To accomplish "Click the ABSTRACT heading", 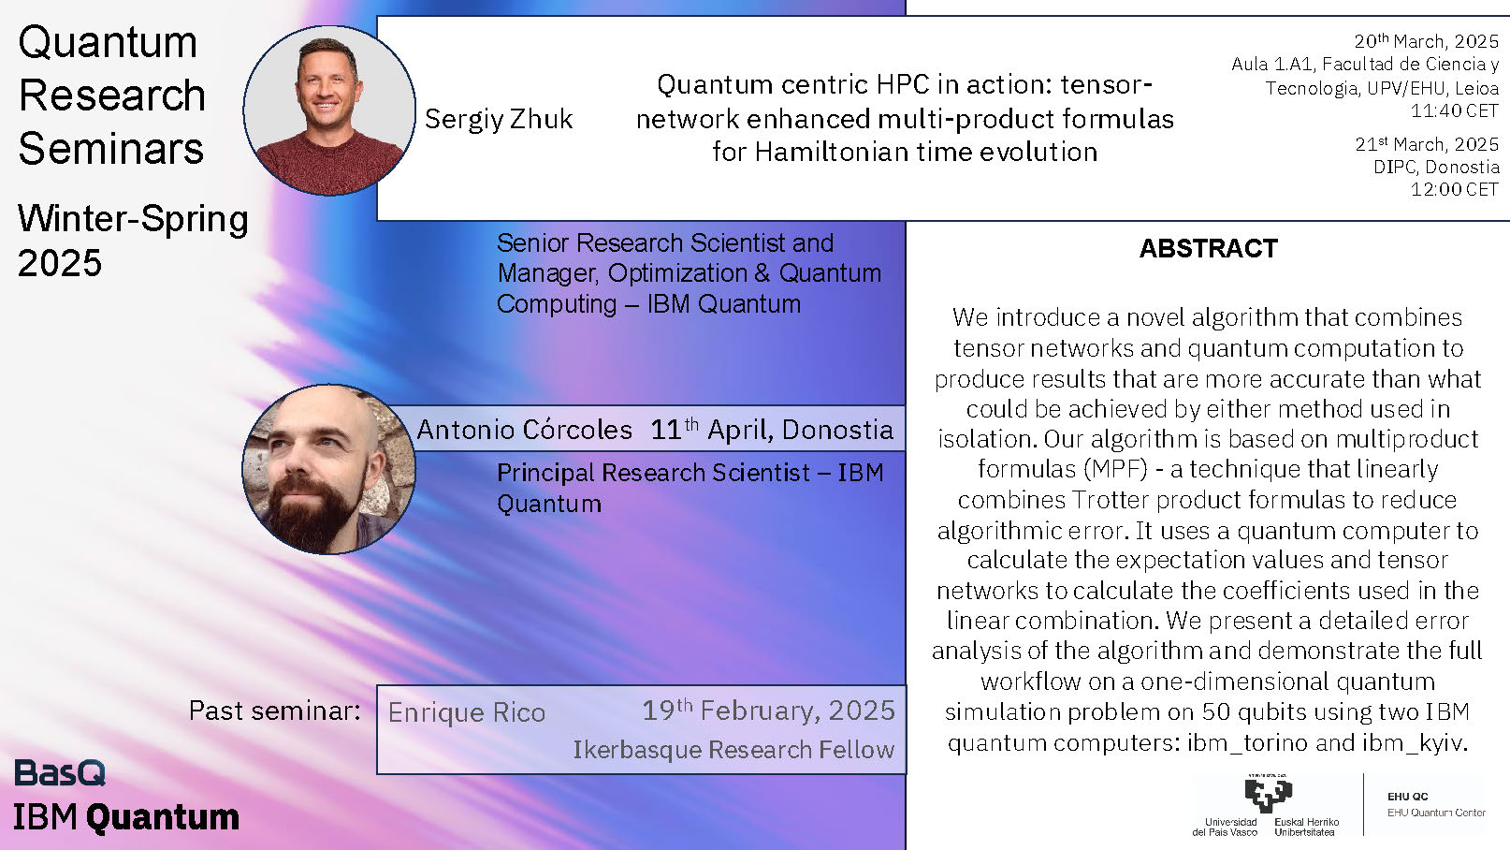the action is tap(1208, 248).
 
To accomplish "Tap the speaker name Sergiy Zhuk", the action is tap(498, 120).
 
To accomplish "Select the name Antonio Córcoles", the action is tap(525, 430).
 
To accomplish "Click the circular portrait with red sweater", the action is tap(329, 110).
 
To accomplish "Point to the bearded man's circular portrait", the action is tap(329, 470).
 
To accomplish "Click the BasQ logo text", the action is tap(60, 773).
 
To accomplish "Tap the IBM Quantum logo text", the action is tap(126, 817).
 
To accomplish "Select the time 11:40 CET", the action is tap(1454, 110).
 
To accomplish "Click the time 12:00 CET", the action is tap(1454, 189).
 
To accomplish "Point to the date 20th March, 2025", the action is tap(1427, 41).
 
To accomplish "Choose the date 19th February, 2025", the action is tap(768, 711).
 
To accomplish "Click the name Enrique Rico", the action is tap(467, 712).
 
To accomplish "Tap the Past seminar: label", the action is tap(274, 711).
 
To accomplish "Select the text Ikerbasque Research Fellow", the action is tap(733, 750).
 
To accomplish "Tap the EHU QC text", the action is tap(1407, 797).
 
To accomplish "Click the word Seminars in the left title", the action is tap(111, 149).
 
